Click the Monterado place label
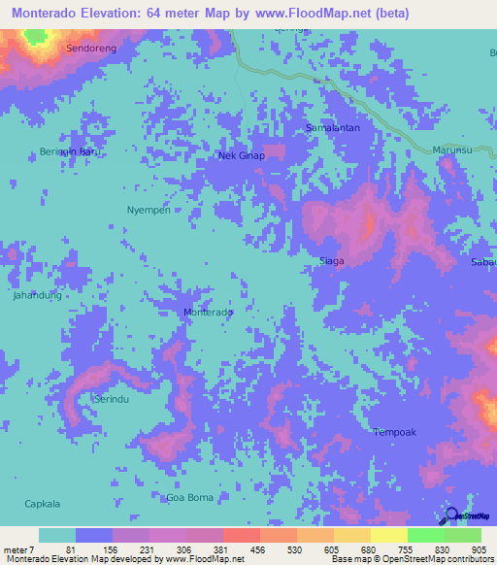[209, 313]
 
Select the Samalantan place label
[333, 127]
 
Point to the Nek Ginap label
[241, 155]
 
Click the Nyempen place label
[149, 210]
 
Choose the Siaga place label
[332, 261]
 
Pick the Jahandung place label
[37, 294]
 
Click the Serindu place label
[112, 399]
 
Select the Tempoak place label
[394, 432]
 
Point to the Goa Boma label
[189, 498]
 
